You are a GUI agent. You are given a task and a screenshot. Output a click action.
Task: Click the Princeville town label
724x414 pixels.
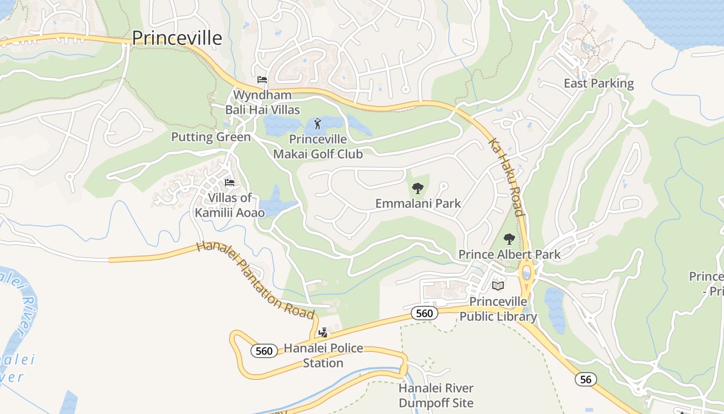click(177, 38)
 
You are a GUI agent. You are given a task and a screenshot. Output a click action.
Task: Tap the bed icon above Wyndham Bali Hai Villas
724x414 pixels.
click(262, 80)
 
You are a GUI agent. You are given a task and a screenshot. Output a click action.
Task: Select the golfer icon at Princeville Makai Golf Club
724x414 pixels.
click(318, 124)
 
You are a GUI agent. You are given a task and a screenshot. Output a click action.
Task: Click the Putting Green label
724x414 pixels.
click(210, 137)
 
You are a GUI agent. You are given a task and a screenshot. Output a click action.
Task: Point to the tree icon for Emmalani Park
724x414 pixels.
click(418, 188)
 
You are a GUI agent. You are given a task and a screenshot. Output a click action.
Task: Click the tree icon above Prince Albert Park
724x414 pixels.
click(509, 239)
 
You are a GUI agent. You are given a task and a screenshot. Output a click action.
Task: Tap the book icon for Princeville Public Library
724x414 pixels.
click(498, 286)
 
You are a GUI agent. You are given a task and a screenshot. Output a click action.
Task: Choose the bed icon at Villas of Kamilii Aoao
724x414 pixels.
click(230, 183)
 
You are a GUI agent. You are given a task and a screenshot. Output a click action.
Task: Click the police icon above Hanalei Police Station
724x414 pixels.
click(323, 332)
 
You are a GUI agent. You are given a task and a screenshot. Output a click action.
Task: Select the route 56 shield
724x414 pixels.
click(585, 379)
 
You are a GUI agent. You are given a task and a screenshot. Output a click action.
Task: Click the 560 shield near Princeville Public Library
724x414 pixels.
click(424, 313)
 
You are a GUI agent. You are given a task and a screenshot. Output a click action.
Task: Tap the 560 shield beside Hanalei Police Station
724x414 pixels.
click(264, 351)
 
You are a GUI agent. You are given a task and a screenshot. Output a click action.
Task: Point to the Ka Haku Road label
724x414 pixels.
click(507, 177)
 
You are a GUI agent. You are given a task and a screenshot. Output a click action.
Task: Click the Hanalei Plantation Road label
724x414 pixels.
click(255, 280)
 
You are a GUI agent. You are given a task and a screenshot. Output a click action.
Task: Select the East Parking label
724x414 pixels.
click(598, 83)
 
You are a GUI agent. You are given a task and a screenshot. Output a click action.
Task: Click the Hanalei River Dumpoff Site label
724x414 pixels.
click(435, 395)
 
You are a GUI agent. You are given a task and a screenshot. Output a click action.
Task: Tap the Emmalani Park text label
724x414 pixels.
click(418, 203)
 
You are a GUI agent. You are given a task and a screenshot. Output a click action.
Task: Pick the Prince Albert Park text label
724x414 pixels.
click(509, 255)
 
